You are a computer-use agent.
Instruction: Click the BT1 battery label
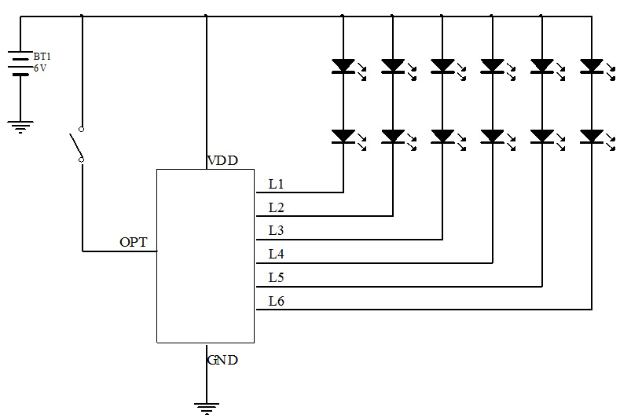coord(42,57)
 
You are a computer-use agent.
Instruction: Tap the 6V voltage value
coord(40,68)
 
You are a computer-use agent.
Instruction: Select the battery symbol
coord(20,63)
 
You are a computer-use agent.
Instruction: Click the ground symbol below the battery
coord(20,126)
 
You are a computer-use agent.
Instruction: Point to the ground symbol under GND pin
coord(206,407)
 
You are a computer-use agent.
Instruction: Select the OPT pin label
coord(133,242)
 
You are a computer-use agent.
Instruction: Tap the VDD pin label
coord(222,161)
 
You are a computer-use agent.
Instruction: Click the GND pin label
coord(222,361)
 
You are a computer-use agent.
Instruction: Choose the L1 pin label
coord(276,185)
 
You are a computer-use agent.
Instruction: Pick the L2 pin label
coord(276,208)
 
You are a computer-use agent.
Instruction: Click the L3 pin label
coord(276,231)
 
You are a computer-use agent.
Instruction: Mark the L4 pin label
coord(276,254)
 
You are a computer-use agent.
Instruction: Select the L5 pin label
coord(276,277)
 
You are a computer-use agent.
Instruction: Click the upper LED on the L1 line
coord(343,66)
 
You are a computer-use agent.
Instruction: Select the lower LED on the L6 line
coord(592,137)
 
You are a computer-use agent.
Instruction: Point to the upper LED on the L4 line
coord(493,66)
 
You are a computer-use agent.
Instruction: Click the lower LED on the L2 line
coord(393,137)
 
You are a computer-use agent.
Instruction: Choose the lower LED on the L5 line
coord(542,137)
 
